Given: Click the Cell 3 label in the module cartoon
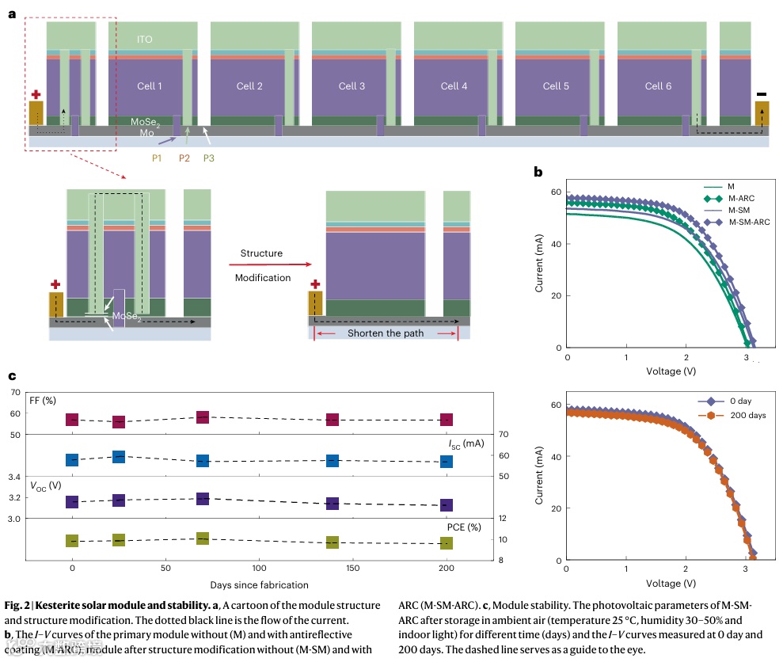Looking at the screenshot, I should point(352,86).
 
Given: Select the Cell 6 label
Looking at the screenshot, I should point(658,86).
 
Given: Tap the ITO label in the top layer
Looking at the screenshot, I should point(143,39).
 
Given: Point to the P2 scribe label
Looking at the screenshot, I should point(184,158).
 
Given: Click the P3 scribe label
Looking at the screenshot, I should point(208,158).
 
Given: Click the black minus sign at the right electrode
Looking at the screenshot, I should point(762,93).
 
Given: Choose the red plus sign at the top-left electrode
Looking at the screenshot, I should point(36,94).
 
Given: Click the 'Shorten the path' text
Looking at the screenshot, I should point(386,333).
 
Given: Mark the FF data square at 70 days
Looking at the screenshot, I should point(203,417).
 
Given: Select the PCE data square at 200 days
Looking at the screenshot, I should point(447,543).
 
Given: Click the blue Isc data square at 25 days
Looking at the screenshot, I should point(118,457).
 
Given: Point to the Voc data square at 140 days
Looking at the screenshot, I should point(333,503).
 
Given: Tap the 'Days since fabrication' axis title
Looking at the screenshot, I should point(260,584).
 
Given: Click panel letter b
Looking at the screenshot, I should point(538,172).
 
